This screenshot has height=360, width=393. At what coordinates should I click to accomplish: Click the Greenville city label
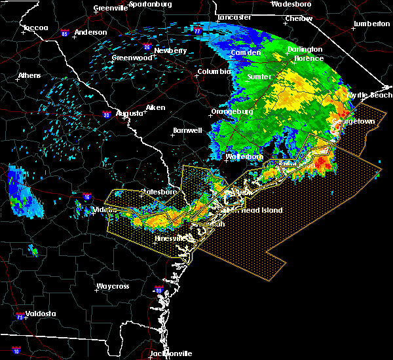point(110,8)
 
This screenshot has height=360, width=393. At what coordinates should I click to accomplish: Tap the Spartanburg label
point(149,4)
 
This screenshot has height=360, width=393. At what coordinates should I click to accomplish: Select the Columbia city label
point(214,71)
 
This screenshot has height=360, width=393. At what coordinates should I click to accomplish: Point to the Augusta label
point(130,113)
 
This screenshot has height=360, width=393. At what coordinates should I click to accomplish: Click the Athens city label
point(29,75)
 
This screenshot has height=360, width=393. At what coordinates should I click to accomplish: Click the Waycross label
point(113,286)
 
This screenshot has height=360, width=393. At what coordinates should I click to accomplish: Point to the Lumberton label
point(371,24)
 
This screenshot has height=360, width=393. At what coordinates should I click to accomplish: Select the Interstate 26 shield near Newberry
point(147,47)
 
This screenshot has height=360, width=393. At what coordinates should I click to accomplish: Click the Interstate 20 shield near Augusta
point(106,115)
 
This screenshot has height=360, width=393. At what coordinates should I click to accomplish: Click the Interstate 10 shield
point(16,351)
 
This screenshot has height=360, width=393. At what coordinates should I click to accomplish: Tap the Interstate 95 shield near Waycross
point(158,290)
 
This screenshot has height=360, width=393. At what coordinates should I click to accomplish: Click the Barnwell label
point(187,130)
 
